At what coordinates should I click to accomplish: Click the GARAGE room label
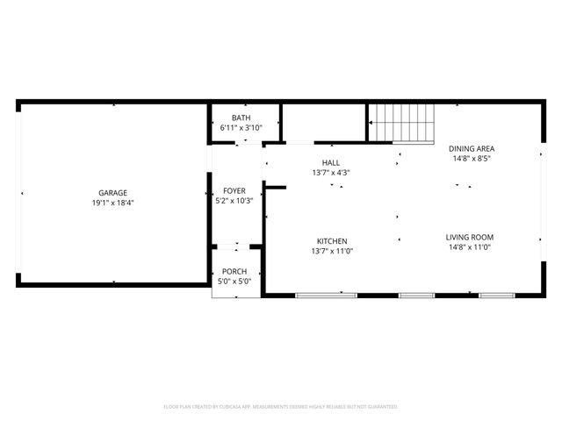112,192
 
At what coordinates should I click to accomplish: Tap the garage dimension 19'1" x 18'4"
112,203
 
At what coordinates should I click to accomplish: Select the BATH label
241,118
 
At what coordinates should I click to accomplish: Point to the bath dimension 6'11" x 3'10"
241,128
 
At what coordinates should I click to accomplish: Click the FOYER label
234,190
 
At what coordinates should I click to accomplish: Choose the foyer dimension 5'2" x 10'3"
234,200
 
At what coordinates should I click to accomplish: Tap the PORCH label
234,271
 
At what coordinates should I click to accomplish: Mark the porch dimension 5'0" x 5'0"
234,281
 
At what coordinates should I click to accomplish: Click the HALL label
331,162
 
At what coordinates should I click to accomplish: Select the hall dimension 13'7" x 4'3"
331,173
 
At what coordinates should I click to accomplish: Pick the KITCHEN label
332,241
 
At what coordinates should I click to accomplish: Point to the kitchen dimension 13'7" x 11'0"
332,251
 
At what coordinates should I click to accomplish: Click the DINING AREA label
471,148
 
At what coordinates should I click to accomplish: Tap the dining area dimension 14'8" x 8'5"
471,159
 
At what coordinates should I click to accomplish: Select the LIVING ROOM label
470,237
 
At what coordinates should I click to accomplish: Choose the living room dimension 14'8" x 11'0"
470,247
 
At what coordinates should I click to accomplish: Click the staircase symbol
401,122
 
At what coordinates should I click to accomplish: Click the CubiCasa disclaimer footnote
281,406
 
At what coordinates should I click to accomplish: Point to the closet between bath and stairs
323,121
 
